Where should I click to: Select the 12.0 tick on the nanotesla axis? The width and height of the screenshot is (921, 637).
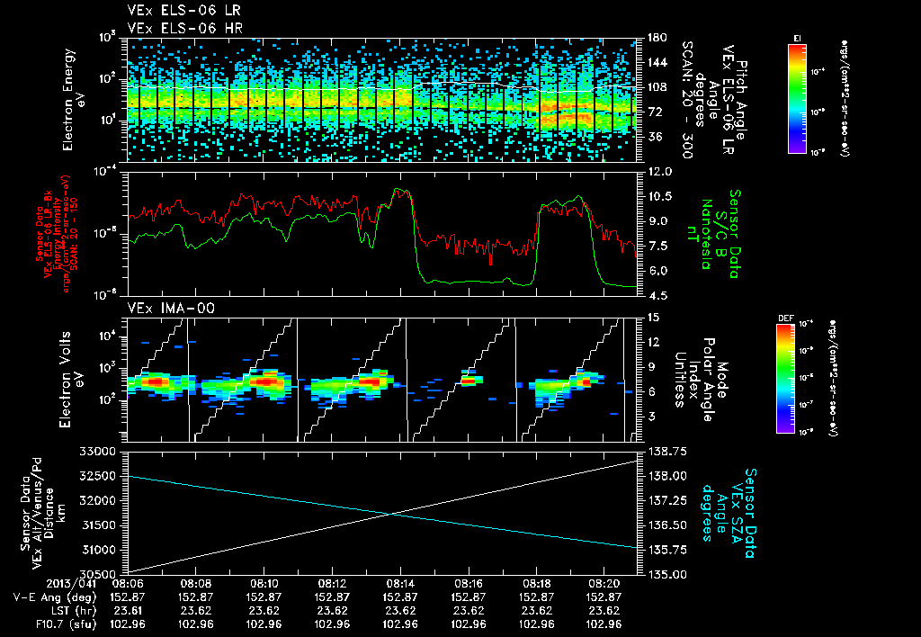click(x=659, y=171)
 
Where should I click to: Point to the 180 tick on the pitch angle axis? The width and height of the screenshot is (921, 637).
click(x=656, y=38)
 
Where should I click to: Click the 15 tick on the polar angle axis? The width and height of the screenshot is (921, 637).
click(x=652, y=318)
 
